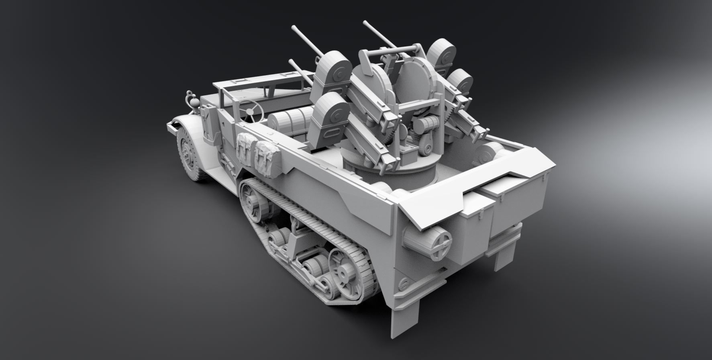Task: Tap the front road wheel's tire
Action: click(188, 153)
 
